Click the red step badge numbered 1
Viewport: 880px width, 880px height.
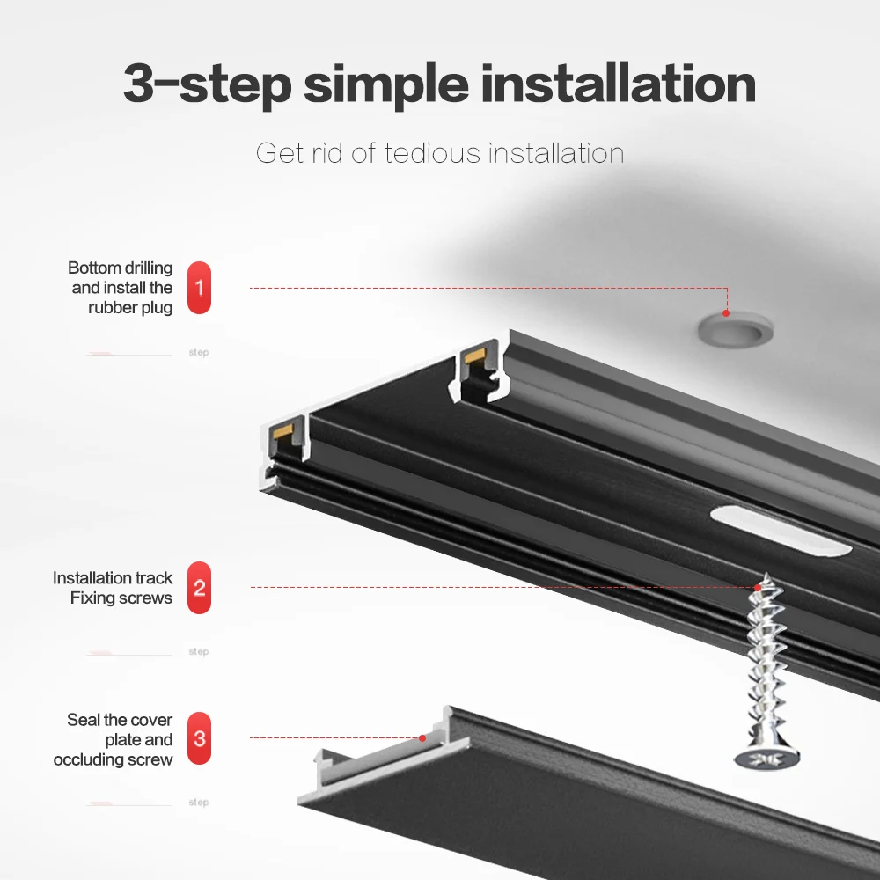click(200, 288)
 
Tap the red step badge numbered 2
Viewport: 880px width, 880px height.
click(200, 588)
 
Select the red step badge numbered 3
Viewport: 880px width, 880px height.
click(200, 738)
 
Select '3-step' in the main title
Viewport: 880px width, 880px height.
click(206, 84)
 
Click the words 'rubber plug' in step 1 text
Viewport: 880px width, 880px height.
click(130, 308)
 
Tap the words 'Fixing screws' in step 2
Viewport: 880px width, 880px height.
click(121, 598)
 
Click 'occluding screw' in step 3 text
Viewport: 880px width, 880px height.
click(113, 759)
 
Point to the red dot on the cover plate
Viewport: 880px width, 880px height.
click(422, 737)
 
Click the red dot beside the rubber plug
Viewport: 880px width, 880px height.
click(726, 312)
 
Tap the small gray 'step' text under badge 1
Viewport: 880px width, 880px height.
click(199, 353)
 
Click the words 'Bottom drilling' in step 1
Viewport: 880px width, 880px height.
click(120, 268)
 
